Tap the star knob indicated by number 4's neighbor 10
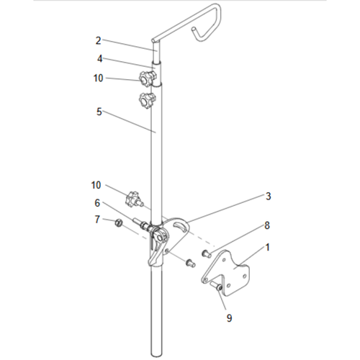pos(148,77)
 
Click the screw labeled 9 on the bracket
pos(217,289)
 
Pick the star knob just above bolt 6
pos(133,196)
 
